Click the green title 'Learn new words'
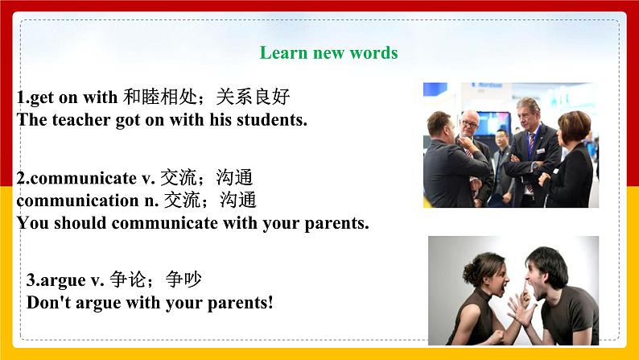click(328, 52)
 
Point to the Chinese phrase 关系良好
click(253, 97)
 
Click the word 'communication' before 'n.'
click(78, 201)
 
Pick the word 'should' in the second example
click(80, 223)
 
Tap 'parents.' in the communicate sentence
click(336, 223)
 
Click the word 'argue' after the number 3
click(63, 280)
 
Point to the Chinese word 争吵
click(183, 279)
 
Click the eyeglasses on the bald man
click(470, 124)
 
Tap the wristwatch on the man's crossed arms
click(534, 166)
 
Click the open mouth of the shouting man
click(530, 283)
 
